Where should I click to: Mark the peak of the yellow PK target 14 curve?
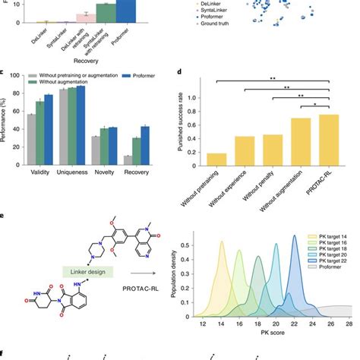point(221,242)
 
